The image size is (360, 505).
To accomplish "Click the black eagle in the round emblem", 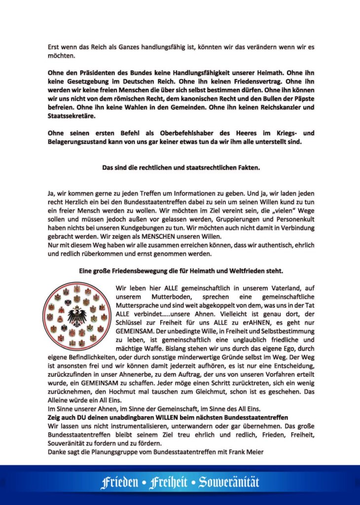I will [x=76, y=316].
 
